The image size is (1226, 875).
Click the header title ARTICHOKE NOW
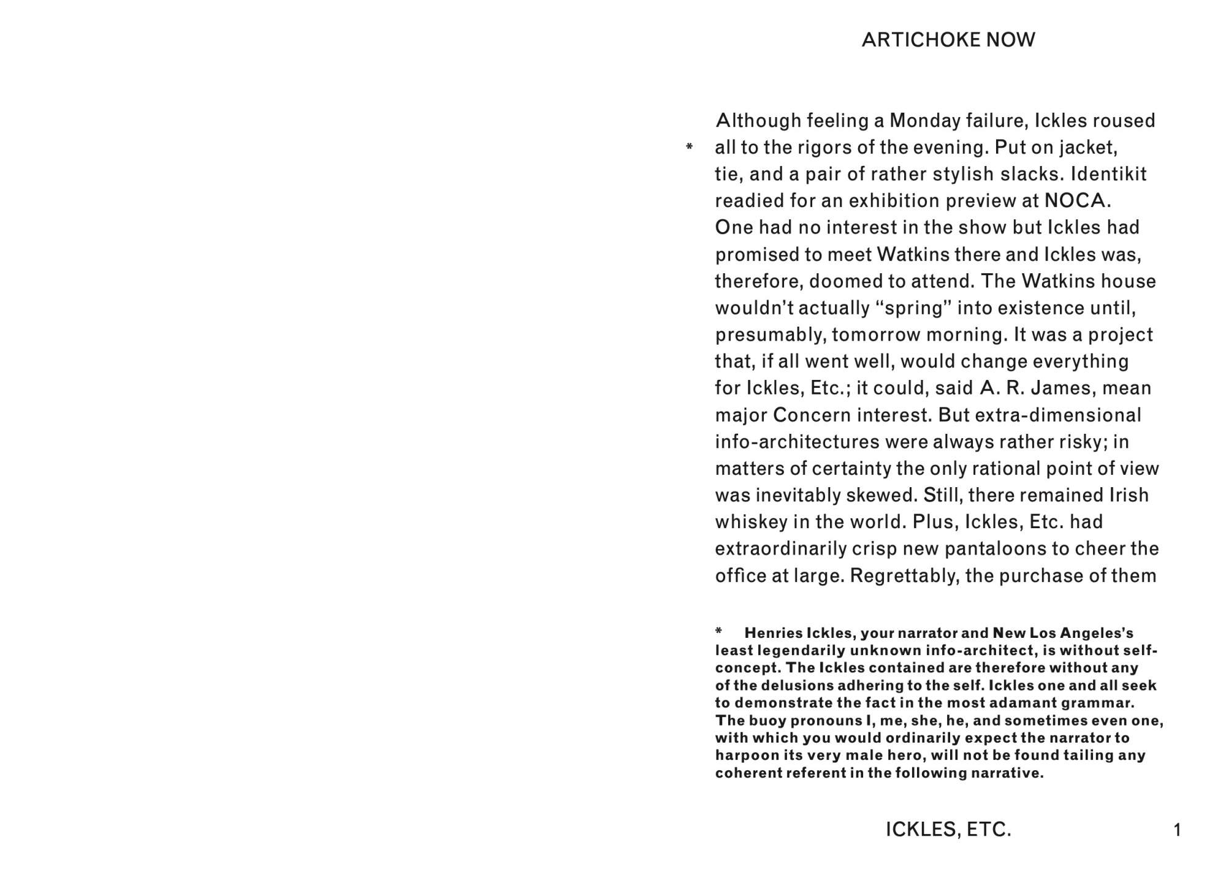(948, 40)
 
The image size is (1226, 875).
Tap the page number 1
(1176, 830)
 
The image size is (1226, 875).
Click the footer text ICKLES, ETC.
(948, 830)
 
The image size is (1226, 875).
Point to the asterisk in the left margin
(689, 147)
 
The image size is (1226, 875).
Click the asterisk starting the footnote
(719, 631)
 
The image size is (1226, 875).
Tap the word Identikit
(1108, 174)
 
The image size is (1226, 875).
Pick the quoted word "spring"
(913, 308)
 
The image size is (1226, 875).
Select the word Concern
(812, 415)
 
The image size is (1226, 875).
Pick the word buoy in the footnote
(769, 721)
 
